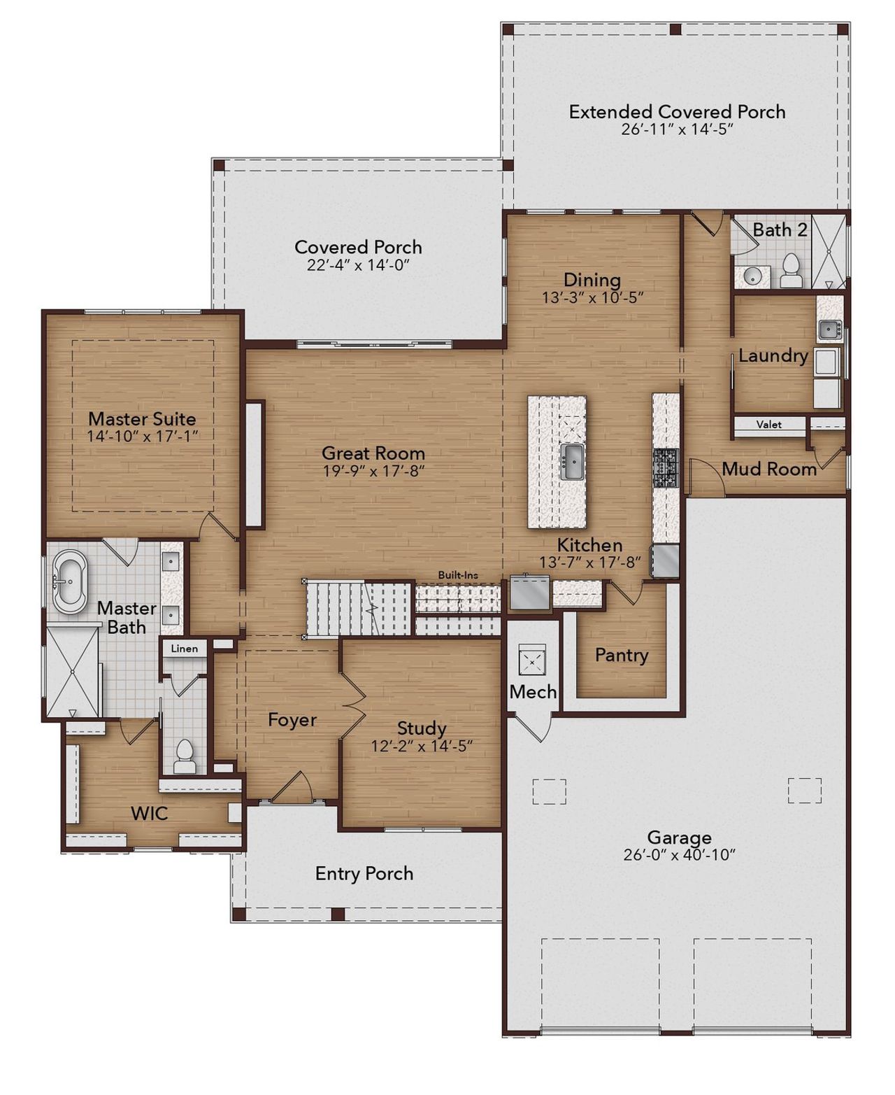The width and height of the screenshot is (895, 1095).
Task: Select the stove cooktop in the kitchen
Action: pyautogui.click(x=665, y=468)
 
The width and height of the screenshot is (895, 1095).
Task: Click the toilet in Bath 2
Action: pyautogui.click(x=791, y=271)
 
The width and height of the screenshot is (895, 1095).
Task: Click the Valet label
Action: pyautogui.click(x=769, y=425)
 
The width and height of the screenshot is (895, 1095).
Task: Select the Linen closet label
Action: pyautogui.click(x=185, y=649)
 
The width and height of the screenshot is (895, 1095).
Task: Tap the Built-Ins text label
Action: pyautogui.click(x=458, y=575)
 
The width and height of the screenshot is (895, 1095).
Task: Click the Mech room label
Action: pyautogui.click(x=533, y=692)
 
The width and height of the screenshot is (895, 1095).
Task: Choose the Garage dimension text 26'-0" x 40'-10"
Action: pyautogui.click(x=679, y=855)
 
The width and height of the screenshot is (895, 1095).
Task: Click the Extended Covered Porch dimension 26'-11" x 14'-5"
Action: pyautogui.click(x=677, y=129)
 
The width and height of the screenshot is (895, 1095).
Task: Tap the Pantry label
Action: pyautogui.click(x=621, y=655)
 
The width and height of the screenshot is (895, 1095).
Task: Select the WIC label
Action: pyautogui.click(x=150, y=813)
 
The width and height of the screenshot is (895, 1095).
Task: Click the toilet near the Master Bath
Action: pyautogui.click(x=185, y=756)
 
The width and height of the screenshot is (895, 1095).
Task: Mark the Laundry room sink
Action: pyautogui.click(x=831, y=329)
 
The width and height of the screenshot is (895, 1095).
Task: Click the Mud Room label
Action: pyautogui.click(x=768, y=469)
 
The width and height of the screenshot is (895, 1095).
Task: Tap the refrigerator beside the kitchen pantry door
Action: pyautogui.click(x=529, y=591)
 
